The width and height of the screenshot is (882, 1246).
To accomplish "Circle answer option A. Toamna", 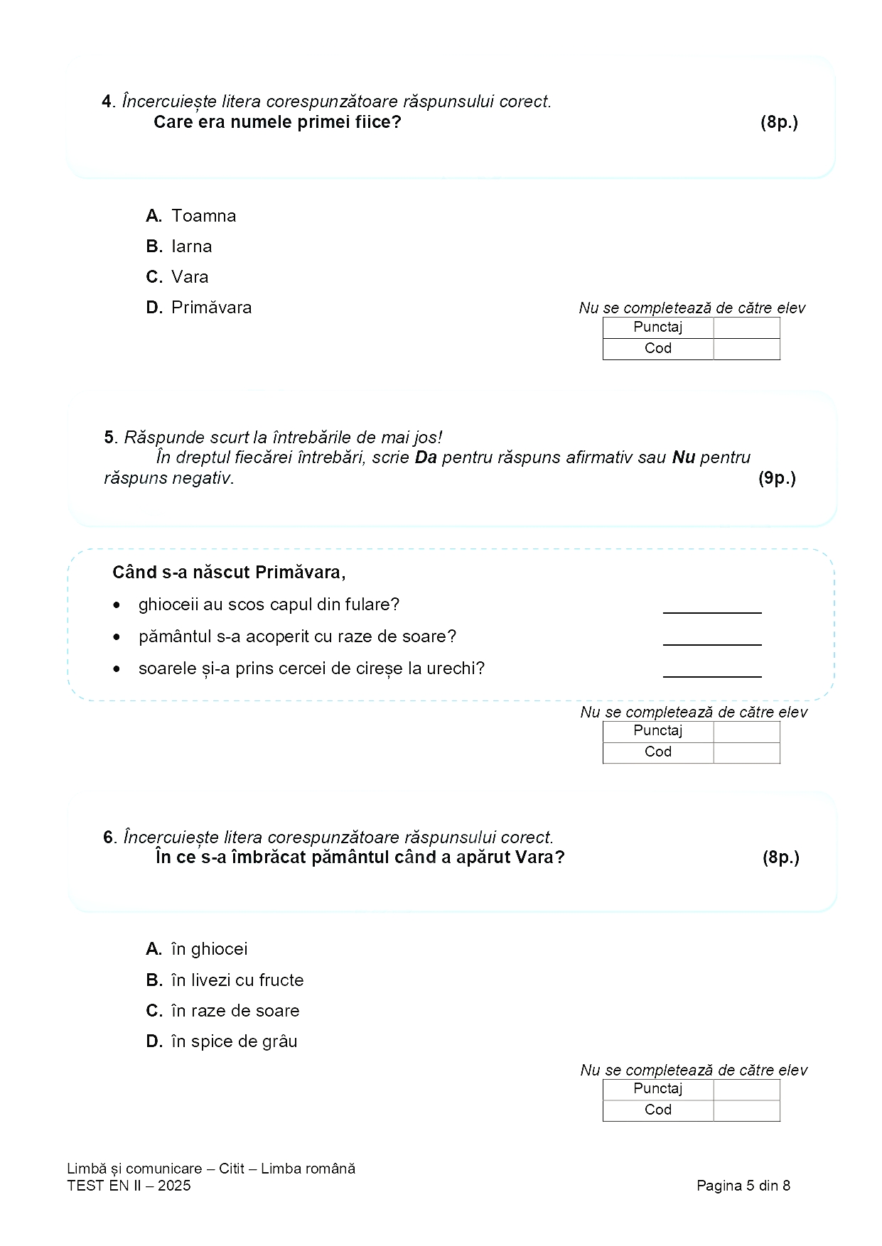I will pyautogui.click(x=190, y=216).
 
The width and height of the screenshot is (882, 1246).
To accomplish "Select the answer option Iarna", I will pyautogui.click(x=179, y=247).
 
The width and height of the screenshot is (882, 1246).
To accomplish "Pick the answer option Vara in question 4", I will pyautogui.click(x=178, y=277).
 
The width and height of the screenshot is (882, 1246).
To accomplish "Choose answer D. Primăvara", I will pyautogui.click(x=199, y=308).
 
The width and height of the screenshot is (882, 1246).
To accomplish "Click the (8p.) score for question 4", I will pyautogui.click(x=779, y=122).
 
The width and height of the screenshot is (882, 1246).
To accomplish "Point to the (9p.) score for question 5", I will pyautogui.click(x=777, y=478).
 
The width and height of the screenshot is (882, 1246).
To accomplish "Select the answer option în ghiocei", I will pyautogui.click(x=197, y=949).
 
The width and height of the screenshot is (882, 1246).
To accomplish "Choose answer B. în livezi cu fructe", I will pyautogui.click(x=225, y=980).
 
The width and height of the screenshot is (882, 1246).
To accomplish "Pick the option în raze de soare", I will pyautogui.click(x=222, y=1011).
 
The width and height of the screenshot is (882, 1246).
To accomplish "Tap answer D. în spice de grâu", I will pyautogui.click(x=222, y=1041).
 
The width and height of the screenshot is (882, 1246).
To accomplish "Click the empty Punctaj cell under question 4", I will pyautogui.click(x=746, y=327).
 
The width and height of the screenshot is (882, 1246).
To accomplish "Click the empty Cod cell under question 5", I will pyautogui.click(x=746, y=752).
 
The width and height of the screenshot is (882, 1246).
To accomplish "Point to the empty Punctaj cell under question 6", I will pyautogui.click(x=746, y=1089).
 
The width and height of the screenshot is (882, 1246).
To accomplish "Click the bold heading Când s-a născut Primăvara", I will pyautogui.click(x=229, y=573).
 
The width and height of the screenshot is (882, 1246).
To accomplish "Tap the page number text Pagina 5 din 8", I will pyautogui.click(x=743, y=1186).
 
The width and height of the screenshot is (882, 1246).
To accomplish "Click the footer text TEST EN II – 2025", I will pyautogui.click(x=129, y=1186).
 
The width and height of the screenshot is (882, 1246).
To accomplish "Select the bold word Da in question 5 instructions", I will pyautogui.click(x=426, y=457).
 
